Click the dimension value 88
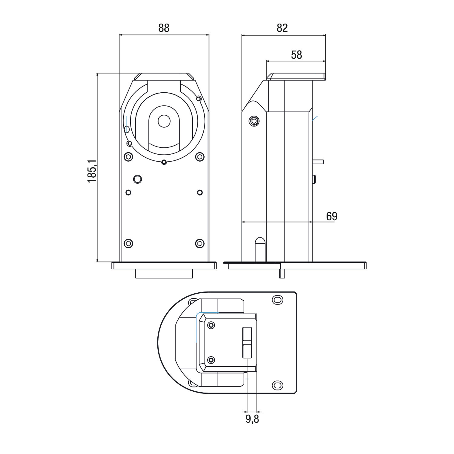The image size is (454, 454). pos(164,28)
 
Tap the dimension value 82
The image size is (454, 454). pos(282,28)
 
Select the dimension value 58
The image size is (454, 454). pos(297,55)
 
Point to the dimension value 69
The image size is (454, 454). pos(332,216)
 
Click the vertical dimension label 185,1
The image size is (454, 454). pos(92,171)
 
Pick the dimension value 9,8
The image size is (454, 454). pos(252,419)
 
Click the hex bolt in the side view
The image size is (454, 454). pos(254,121)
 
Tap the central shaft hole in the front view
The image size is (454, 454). pos(164,121)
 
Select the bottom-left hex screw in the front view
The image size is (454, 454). pos(129,243)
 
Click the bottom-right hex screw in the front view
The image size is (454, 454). pos(200,243)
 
